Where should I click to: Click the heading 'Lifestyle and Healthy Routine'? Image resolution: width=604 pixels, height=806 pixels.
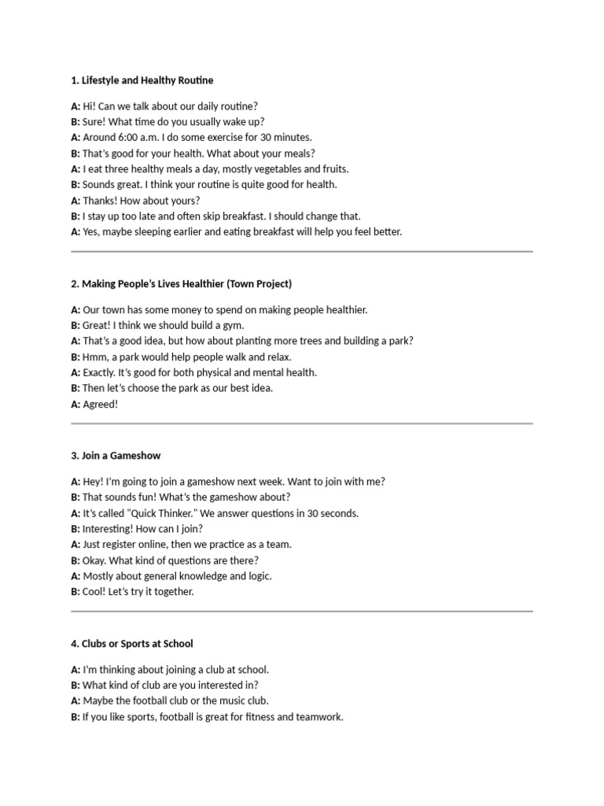click(147, 80)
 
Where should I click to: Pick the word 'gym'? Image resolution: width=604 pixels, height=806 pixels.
click(234, 325)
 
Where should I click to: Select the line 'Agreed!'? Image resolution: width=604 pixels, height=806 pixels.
click(100, 404)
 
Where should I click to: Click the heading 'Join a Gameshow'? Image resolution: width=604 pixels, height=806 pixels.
click(121, 456)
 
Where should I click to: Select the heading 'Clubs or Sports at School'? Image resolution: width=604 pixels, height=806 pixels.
click(138, 644)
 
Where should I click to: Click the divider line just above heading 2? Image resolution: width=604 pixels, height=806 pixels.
click(302, 252)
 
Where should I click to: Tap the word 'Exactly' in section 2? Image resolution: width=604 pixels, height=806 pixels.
click(98, 372)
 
